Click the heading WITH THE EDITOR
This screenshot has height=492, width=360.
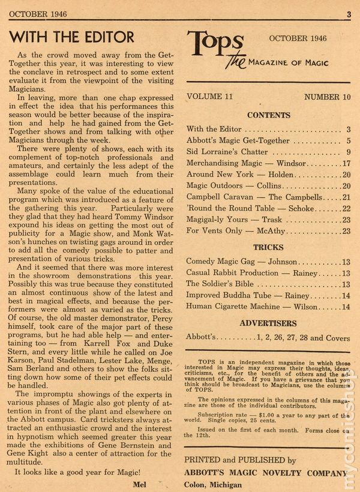[x=72, y=37]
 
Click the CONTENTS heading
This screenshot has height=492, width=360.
[x=268, y=115]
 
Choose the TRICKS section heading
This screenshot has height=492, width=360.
[x=268, y=247]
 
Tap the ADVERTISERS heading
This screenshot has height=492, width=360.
[x=268, y=323]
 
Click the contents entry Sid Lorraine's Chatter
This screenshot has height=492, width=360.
[x=224, y=152]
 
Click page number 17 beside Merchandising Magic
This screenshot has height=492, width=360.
[x=346, y=163]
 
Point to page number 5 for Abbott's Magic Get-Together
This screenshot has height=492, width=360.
[x=348, y=140]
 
